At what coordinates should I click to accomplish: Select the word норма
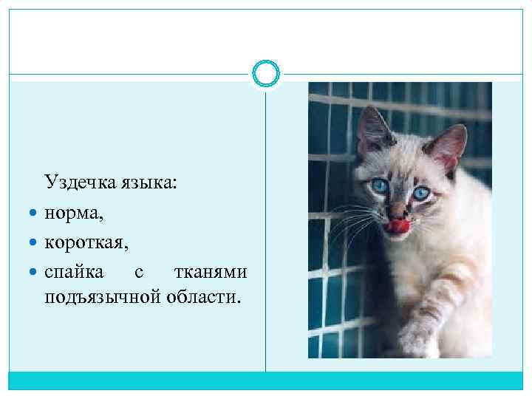(72, 214)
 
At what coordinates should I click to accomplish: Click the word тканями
(210, 272)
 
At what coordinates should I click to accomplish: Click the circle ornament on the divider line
(266, 74)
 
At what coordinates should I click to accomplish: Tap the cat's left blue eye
(381, 185)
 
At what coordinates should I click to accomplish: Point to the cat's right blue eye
(421, 193)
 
